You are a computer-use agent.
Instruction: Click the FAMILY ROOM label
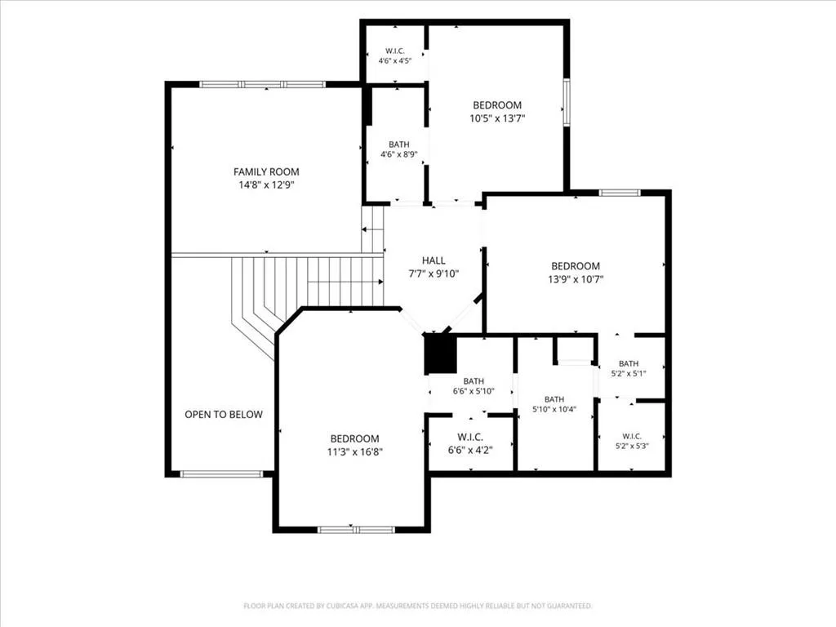pos(266,171)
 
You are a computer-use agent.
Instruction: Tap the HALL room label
pos(434,260)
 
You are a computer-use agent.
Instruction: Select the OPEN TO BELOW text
pos(224,414)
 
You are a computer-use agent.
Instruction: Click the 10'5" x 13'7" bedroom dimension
pos(497,118)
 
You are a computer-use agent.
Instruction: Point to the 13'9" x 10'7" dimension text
pos(576,279)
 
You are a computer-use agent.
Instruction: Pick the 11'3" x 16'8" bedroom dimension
pos(354,452)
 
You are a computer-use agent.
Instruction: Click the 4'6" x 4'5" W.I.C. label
pos(395,56)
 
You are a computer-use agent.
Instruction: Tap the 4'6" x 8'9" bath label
pos(398,150)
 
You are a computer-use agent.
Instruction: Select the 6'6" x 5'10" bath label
pos(474,386)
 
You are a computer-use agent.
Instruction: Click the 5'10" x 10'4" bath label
pos(554,405)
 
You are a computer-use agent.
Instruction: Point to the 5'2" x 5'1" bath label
pos(629,369)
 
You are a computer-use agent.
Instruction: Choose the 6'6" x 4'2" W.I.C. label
pos(469,444)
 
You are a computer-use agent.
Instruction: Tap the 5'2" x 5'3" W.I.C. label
pos(632,442)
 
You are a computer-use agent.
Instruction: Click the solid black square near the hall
pos(440,354)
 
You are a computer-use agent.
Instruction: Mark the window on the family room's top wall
pos(262,84)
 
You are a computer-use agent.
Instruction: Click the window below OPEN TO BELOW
pos(221,474)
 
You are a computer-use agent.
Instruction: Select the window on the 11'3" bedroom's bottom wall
pos(356,529)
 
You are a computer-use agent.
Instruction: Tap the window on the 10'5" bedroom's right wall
pos(567,102)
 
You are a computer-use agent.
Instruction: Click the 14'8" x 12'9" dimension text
pos(266,185)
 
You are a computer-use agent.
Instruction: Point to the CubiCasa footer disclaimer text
pos(417,606)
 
